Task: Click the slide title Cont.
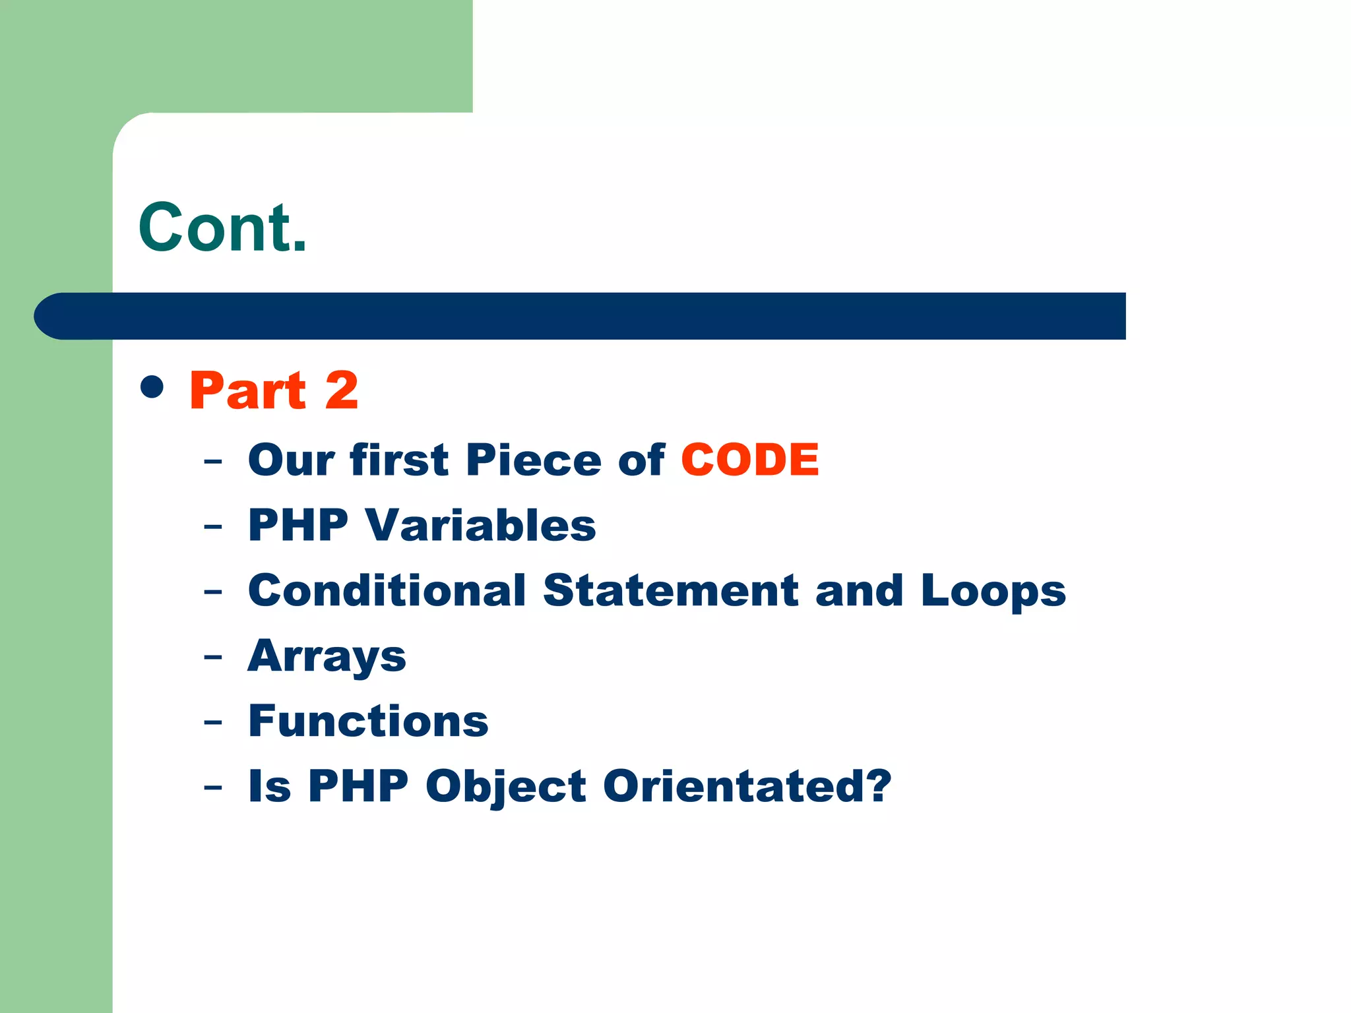222,228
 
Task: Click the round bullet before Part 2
152,387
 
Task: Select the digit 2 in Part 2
342,390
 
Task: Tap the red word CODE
749,460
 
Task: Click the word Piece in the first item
533,460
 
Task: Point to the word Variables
481,526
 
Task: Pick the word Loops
993,592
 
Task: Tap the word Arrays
327,657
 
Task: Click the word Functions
368,721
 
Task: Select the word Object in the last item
505,787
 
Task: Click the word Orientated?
747,786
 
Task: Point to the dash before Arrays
213,658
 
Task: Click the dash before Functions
213,723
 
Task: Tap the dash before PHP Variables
213,527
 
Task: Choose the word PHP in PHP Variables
298,526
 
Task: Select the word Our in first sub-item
292,460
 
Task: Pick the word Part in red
247,390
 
